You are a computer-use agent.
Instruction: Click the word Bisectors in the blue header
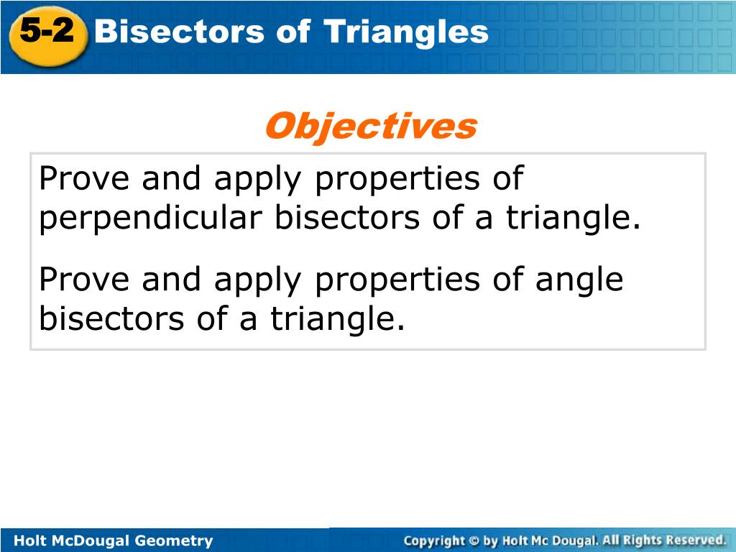[x=179, y=32]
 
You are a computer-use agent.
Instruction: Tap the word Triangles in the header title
[x=406, y=32]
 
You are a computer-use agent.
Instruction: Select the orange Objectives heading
[x=371, y=126]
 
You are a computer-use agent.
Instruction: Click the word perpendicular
[x=150, y=218]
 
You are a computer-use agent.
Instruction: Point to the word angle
[x=579, y=281]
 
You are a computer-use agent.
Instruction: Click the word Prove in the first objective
[x=84, y=178]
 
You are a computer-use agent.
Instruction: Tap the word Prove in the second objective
[x=84, y=280]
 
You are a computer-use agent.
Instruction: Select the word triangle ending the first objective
[x=573, y=218]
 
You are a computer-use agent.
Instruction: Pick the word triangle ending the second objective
[x=337, y=319]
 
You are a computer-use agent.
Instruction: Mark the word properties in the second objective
[x=397, y=281]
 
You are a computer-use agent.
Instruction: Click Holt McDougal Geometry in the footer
[x=113, y=540]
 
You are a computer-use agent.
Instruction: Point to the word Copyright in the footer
[x=434, y=541]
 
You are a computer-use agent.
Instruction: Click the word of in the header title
[x=293, y=32]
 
